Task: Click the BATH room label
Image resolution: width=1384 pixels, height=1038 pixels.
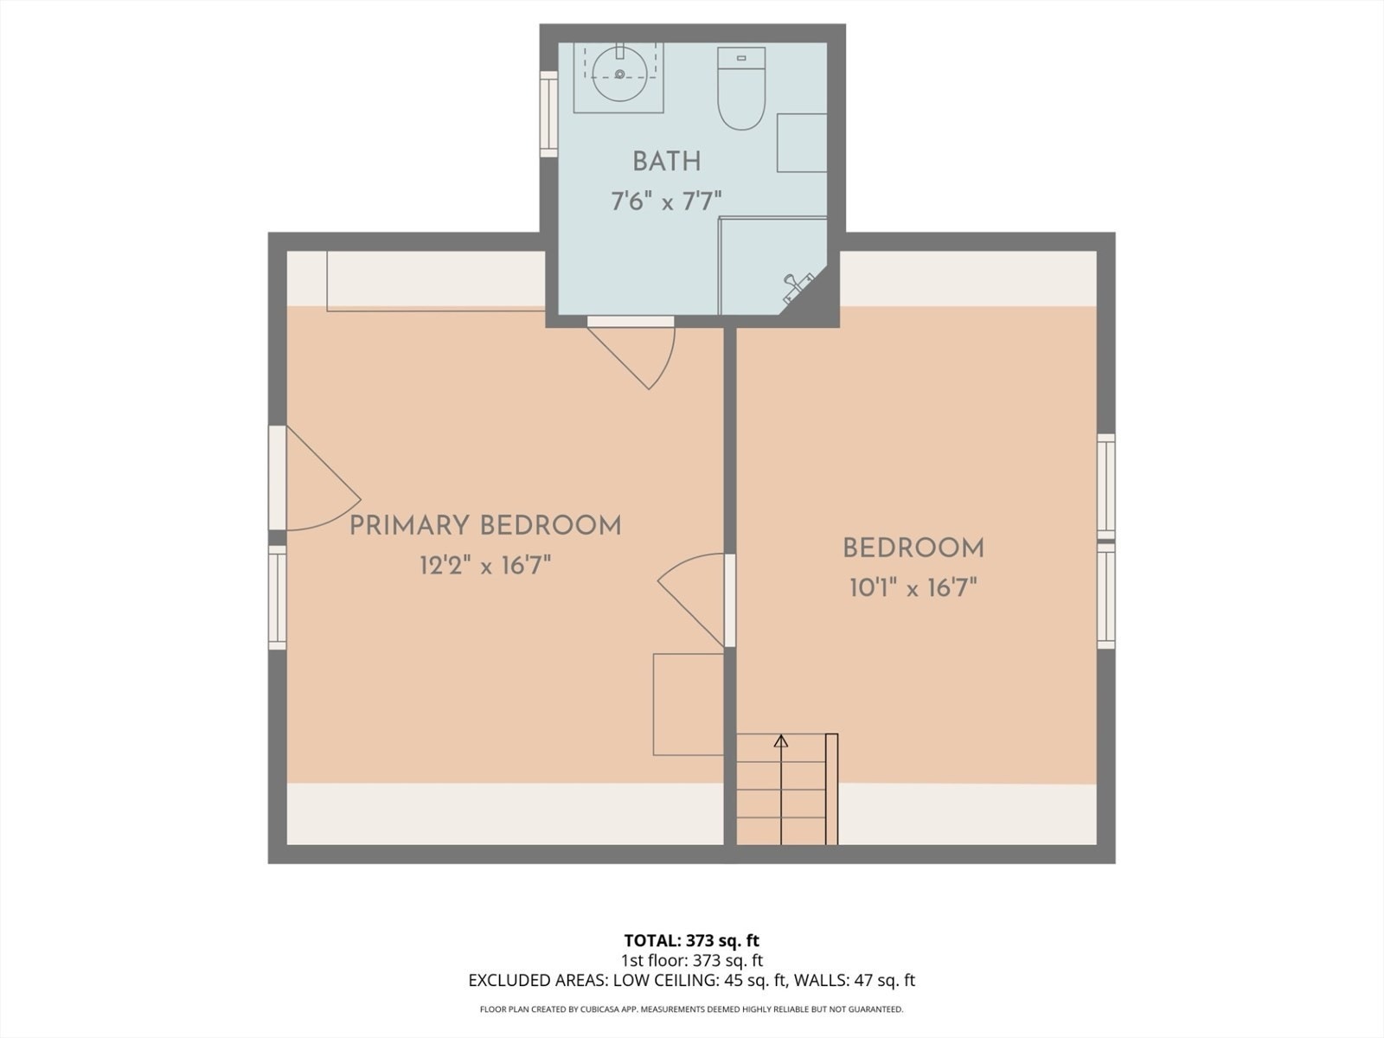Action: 666,162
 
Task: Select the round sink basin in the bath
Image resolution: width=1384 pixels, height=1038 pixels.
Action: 619,74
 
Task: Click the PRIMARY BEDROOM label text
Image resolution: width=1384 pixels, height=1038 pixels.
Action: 485,526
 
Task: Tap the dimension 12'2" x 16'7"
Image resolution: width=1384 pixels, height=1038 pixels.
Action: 485,567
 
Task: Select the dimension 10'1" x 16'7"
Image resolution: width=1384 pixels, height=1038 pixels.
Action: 913,589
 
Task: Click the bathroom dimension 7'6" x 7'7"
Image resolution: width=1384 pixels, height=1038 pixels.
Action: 666,202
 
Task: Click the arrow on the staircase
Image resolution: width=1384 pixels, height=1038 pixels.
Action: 781,741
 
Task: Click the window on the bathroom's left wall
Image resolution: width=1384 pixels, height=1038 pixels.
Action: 548,113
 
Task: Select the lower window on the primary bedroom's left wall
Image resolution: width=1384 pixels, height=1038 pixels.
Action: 277,597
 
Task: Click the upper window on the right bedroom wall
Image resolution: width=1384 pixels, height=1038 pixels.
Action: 1105,484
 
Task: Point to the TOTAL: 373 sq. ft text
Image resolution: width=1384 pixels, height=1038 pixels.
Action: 692,940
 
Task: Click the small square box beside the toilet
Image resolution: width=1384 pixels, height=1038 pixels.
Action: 802,143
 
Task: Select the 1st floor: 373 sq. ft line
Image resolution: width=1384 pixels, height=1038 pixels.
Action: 692,960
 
